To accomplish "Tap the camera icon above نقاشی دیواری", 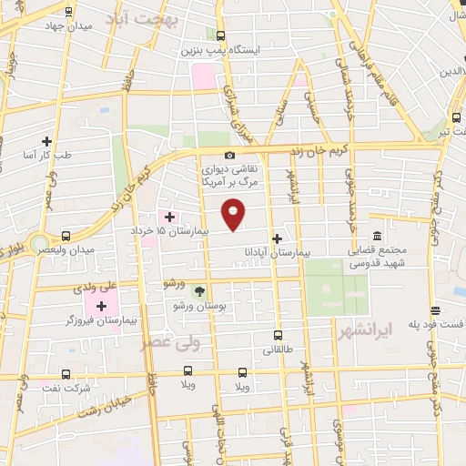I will click(x=229, y=156).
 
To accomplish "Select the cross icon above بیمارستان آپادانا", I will click(x=278, y=238).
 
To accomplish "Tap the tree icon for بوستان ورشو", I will click(x=198, y=291).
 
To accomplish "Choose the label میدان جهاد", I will click(x=94, y=26).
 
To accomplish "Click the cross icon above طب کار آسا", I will click(x=46, y=141).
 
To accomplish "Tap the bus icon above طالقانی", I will click(x=278, y=335).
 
